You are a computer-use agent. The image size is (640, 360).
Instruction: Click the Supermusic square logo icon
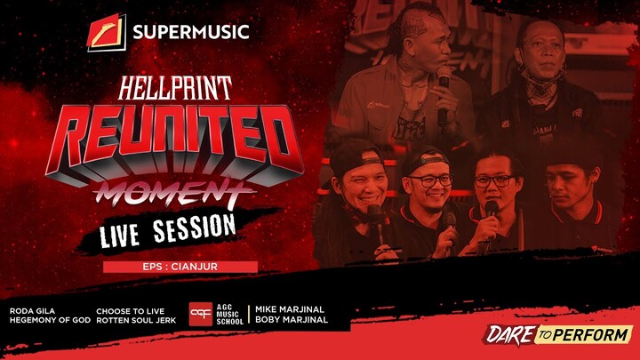(107, 33)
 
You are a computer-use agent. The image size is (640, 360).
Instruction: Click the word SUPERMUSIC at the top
(190, 34)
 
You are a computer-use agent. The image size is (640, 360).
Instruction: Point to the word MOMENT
(175, 190)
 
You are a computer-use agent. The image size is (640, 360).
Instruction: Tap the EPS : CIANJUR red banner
(180, 267)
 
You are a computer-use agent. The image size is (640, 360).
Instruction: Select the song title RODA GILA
(33, 310)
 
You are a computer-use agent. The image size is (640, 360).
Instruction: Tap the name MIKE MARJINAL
(292, 310)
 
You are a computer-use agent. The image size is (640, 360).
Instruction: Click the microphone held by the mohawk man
(444, 93)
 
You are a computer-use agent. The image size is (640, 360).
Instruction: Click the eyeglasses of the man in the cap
(432, 180)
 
